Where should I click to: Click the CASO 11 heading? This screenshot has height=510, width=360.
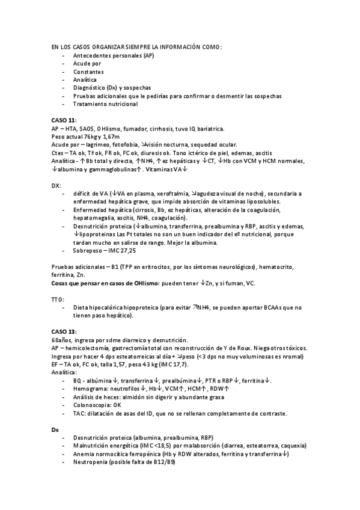[64, 120]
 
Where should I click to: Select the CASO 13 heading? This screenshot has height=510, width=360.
[64, 331]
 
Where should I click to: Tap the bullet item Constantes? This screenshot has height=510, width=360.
[88, 71]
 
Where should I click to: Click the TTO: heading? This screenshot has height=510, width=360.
[59, 299]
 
